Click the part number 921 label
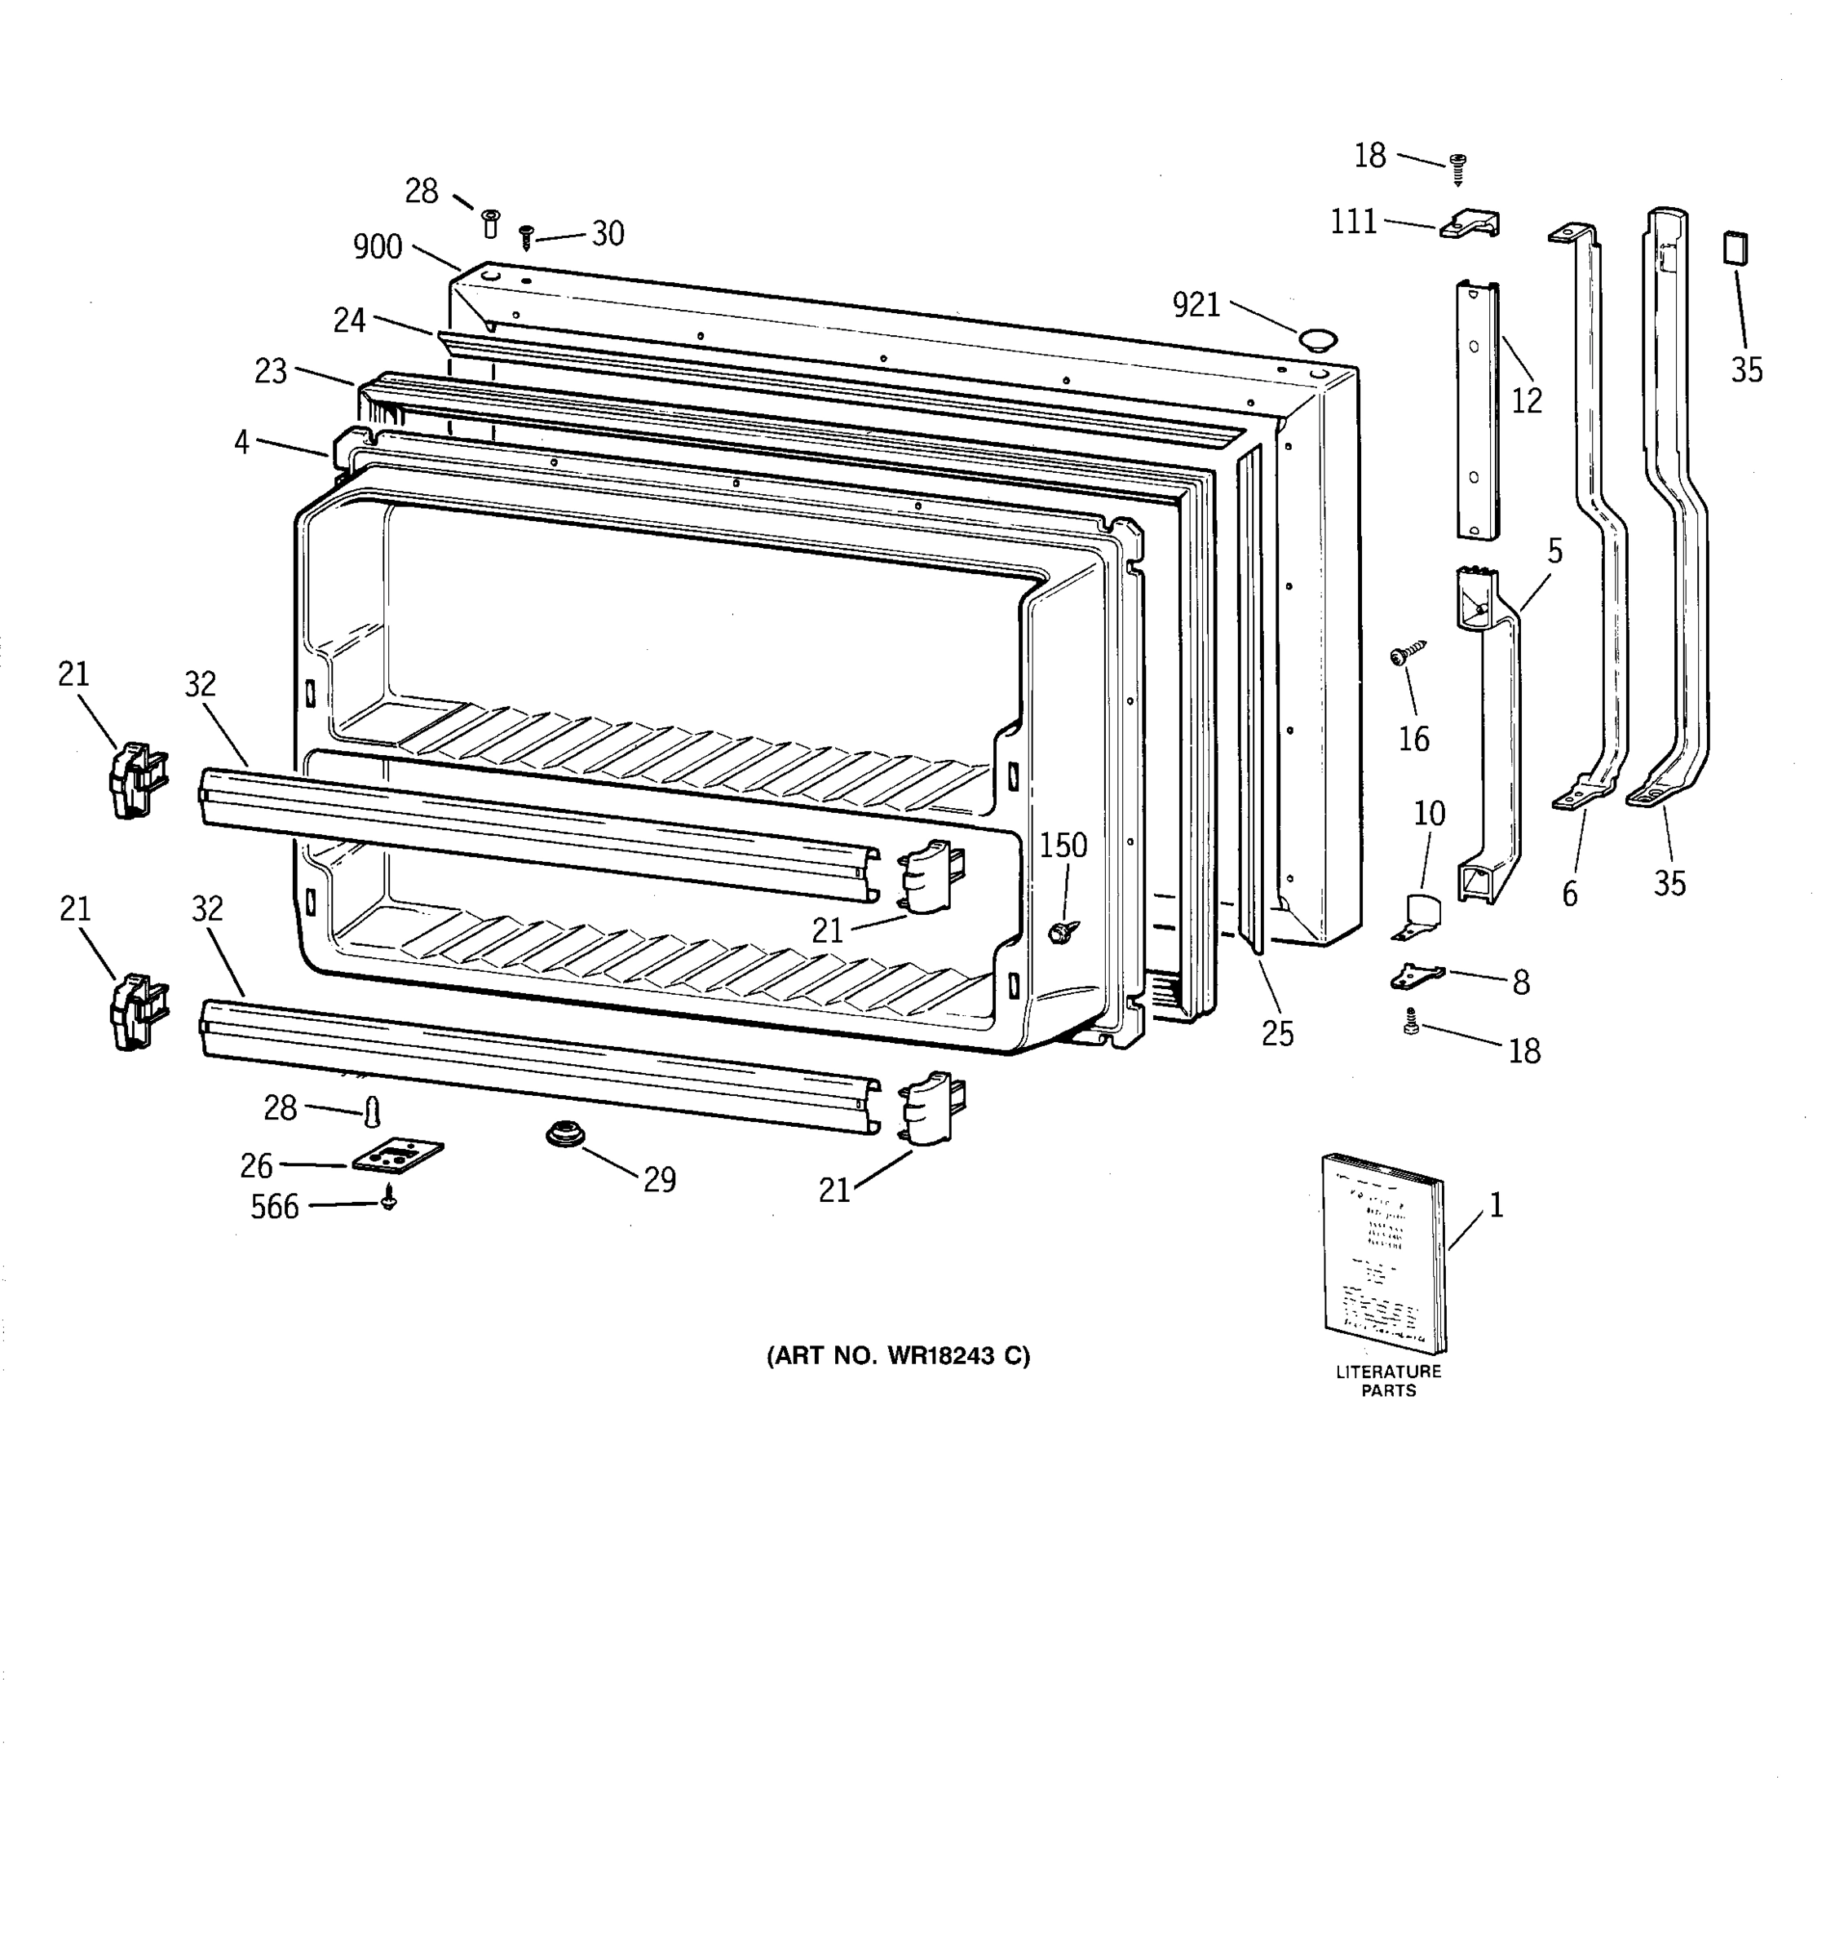[x=1196, y=305]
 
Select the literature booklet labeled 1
[x=1383, y=1253]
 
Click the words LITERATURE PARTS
[x=1388, y=1381]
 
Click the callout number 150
[x=1063, y=845]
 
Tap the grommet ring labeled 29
[x=566, y=1135]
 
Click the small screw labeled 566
[x=389, y=1198]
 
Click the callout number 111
[x=1354, y=223]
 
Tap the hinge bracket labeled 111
[x=1470, y=224]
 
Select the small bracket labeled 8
[x=1416, y=977]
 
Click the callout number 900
[x=378, y=247]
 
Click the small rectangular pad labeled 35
[x=1735, y=247]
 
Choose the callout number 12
[x=1526, y=400]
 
